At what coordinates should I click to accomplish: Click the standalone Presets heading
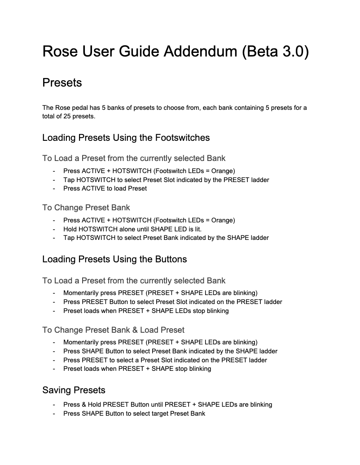coord(62,83)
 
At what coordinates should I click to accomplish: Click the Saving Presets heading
coord(74,390)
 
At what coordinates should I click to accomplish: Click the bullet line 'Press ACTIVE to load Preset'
coord(105,188)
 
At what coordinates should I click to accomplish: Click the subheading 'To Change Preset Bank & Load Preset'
coord(113,330)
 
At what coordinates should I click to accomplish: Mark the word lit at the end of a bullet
coord(196,229)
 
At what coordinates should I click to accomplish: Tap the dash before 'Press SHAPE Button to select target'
coord(54,413)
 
